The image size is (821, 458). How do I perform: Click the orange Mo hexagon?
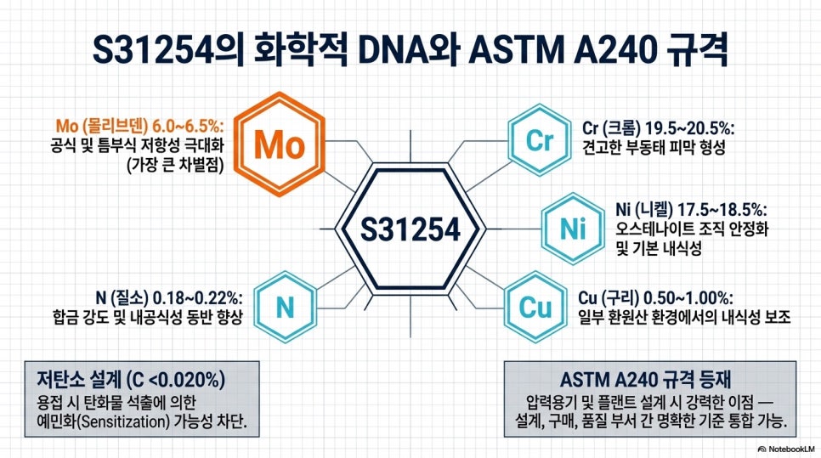pos(279,144)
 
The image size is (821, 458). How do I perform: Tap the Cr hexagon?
pos(540,139)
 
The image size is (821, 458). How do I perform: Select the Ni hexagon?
pos(572,229)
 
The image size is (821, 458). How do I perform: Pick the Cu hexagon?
pos(535,307)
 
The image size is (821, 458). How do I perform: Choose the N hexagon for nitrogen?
pos(286,308)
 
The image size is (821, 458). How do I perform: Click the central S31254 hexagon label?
pos(410,229)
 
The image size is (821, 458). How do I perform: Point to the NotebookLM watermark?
pos(786,449)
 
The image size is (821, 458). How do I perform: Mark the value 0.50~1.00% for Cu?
pos(688,298)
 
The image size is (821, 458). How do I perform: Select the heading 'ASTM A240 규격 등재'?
pos(646,379)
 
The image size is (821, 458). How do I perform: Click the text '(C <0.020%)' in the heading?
pos(175,379)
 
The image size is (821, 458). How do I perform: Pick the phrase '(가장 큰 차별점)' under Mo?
pos(175,165)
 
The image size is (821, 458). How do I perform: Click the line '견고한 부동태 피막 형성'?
pos(654,147)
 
